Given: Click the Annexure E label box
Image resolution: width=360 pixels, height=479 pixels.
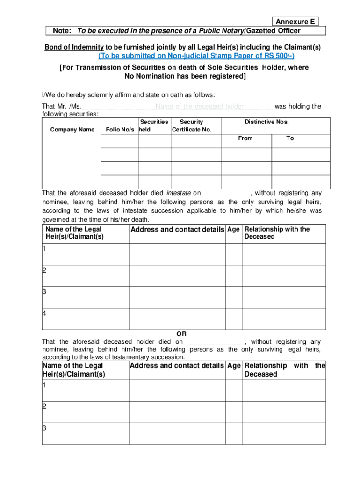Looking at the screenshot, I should coord(295,22).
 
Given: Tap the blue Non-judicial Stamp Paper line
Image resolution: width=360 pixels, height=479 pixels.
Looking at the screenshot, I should coord(196,56).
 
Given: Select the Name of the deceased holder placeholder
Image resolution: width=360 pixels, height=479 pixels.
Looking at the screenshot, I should coord(200,107).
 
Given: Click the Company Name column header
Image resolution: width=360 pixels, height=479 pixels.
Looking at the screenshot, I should coord(72,130).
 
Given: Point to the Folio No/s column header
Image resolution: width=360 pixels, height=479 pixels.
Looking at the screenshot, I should coord(120,130).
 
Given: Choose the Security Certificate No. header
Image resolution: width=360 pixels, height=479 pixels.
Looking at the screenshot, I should coord(192,126).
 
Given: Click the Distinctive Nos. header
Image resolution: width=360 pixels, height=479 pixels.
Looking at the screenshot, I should coord(266,122).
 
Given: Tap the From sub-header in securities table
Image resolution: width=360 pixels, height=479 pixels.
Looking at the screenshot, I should coord(245,138).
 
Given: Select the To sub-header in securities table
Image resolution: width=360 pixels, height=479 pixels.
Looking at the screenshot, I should coord(290,138).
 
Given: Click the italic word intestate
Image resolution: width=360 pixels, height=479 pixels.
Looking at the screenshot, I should coord(179,193).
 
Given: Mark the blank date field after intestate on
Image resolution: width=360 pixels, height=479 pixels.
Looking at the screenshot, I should coord(226,194).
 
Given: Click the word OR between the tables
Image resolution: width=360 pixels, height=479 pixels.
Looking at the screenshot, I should coord(181,334).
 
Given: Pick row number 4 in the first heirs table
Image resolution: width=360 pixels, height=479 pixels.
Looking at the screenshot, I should coord(44,313).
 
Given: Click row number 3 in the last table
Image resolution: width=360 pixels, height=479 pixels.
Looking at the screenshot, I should coord(44,428).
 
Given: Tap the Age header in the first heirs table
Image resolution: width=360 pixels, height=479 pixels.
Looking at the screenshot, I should coord(233,229).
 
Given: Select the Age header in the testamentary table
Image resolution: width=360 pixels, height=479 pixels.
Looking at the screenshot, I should coord(233,365).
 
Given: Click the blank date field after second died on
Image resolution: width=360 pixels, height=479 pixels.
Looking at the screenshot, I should coord(215,342).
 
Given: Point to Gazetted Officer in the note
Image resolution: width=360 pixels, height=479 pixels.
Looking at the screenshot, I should coord(273,31).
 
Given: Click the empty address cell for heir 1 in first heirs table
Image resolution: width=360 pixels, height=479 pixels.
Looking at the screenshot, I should coord(177,254).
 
